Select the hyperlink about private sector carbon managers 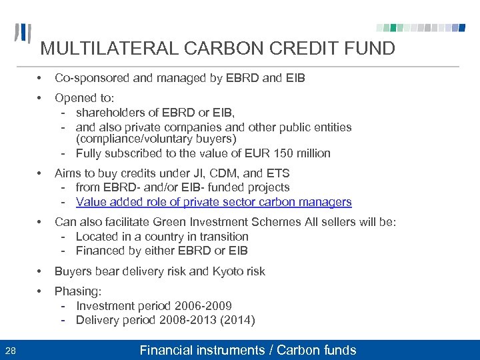(213, 202)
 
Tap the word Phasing (77, 291)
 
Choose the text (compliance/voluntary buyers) (156, 139)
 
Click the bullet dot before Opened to (41, 98)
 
